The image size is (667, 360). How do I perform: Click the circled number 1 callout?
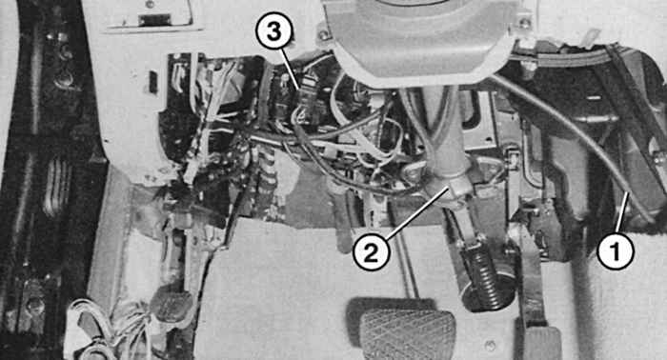tap(616, 251)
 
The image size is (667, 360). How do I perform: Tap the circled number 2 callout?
tap(372, 252)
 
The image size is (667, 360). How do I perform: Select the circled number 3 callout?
tap(274, 32)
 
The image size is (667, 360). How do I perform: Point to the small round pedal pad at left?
tap(171, 304)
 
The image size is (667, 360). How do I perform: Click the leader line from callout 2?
tap(418, 211)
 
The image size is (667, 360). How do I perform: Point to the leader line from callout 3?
tap(292, 68)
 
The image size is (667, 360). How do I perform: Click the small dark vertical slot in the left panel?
tap(153, 82)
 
